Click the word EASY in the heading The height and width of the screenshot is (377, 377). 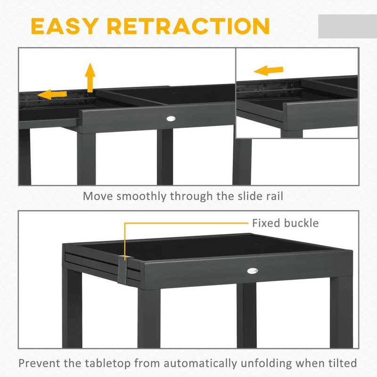(65, 26)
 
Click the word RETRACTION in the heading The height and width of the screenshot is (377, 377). (188, 26)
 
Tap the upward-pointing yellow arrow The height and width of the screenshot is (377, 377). (90, 77)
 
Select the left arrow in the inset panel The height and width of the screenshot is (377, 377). (269, 70)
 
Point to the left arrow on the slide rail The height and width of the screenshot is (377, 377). (52, 94)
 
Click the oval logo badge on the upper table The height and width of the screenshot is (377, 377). (171, 118)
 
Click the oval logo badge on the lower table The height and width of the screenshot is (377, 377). (253, 271)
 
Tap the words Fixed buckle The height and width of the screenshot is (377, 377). (286, 223)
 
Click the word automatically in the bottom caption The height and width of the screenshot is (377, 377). (200, 363)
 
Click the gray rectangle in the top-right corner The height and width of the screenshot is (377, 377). (347, 26)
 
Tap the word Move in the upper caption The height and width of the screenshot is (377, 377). (98, 196)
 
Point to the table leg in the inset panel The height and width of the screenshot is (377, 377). (291, 134)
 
